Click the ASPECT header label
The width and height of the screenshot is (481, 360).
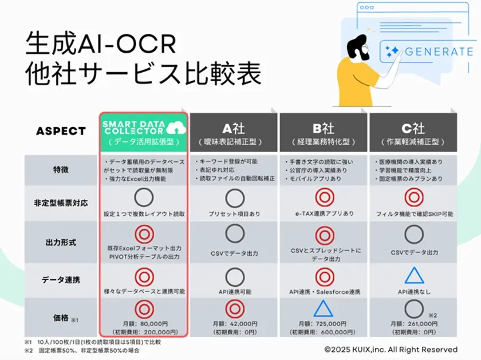(x=61, y=130)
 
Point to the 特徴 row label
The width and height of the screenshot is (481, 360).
(x=61, y=170)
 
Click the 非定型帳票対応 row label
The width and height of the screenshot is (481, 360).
(x=61, y=203)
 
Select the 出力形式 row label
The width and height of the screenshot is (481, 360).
(x=61, y=242)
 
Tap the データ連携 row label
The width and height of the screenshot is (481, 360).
(x=61, y=280)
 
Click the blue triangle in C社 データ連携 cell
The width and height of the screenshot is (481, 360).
(x=414, y=276)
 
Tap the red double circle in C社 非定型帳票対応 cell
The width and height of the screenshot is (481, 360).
(x=414, y=197)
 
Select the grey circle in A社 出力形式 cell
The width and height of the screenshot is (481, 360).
(x=235, y=235)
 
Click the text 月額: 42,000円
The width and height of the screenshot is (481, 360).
(x=234, y=323)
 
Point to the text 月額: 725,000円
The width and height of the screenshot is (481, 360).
(x=324, y=323)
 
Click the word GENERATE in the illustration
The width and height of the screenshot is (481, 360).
(x=439, y=52)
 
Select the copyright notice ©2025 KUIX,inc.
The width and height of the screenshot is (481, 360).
(x=391, y=349)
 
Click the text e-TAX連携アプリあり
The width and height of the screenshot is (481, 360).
(x=324, y=213)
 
